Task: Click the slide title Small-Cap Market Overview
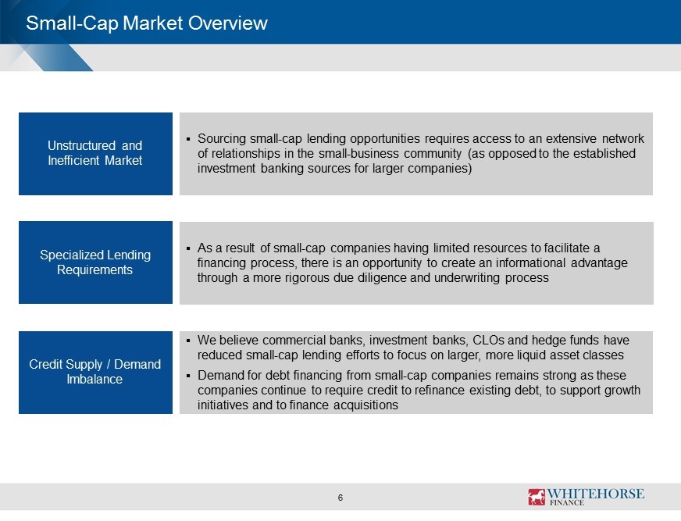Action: [x=147, y=23]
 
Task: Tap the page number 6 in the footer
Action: [x=340, y=498]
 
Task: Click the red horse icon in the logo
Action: [x=537, y=497]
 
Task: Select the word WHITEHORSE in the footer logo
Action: [x=595, y=494]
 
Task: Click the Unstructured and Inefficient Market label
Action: [x=95, y=153]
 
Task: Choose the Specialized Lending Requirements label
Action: [x=95, y=262]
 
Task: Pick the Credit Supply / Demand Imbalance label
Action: [x=94, y=372]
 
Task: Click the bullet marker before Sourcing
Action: [x=188, y=139]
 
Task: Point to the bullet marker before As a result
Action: [x=188, y=248]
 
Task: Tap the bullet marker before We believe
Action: [x=188, y=341]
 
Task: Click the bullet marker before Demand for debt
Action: [x=188, y=376]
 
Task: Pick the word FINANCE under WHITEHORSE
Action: [x=567, y=503]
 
